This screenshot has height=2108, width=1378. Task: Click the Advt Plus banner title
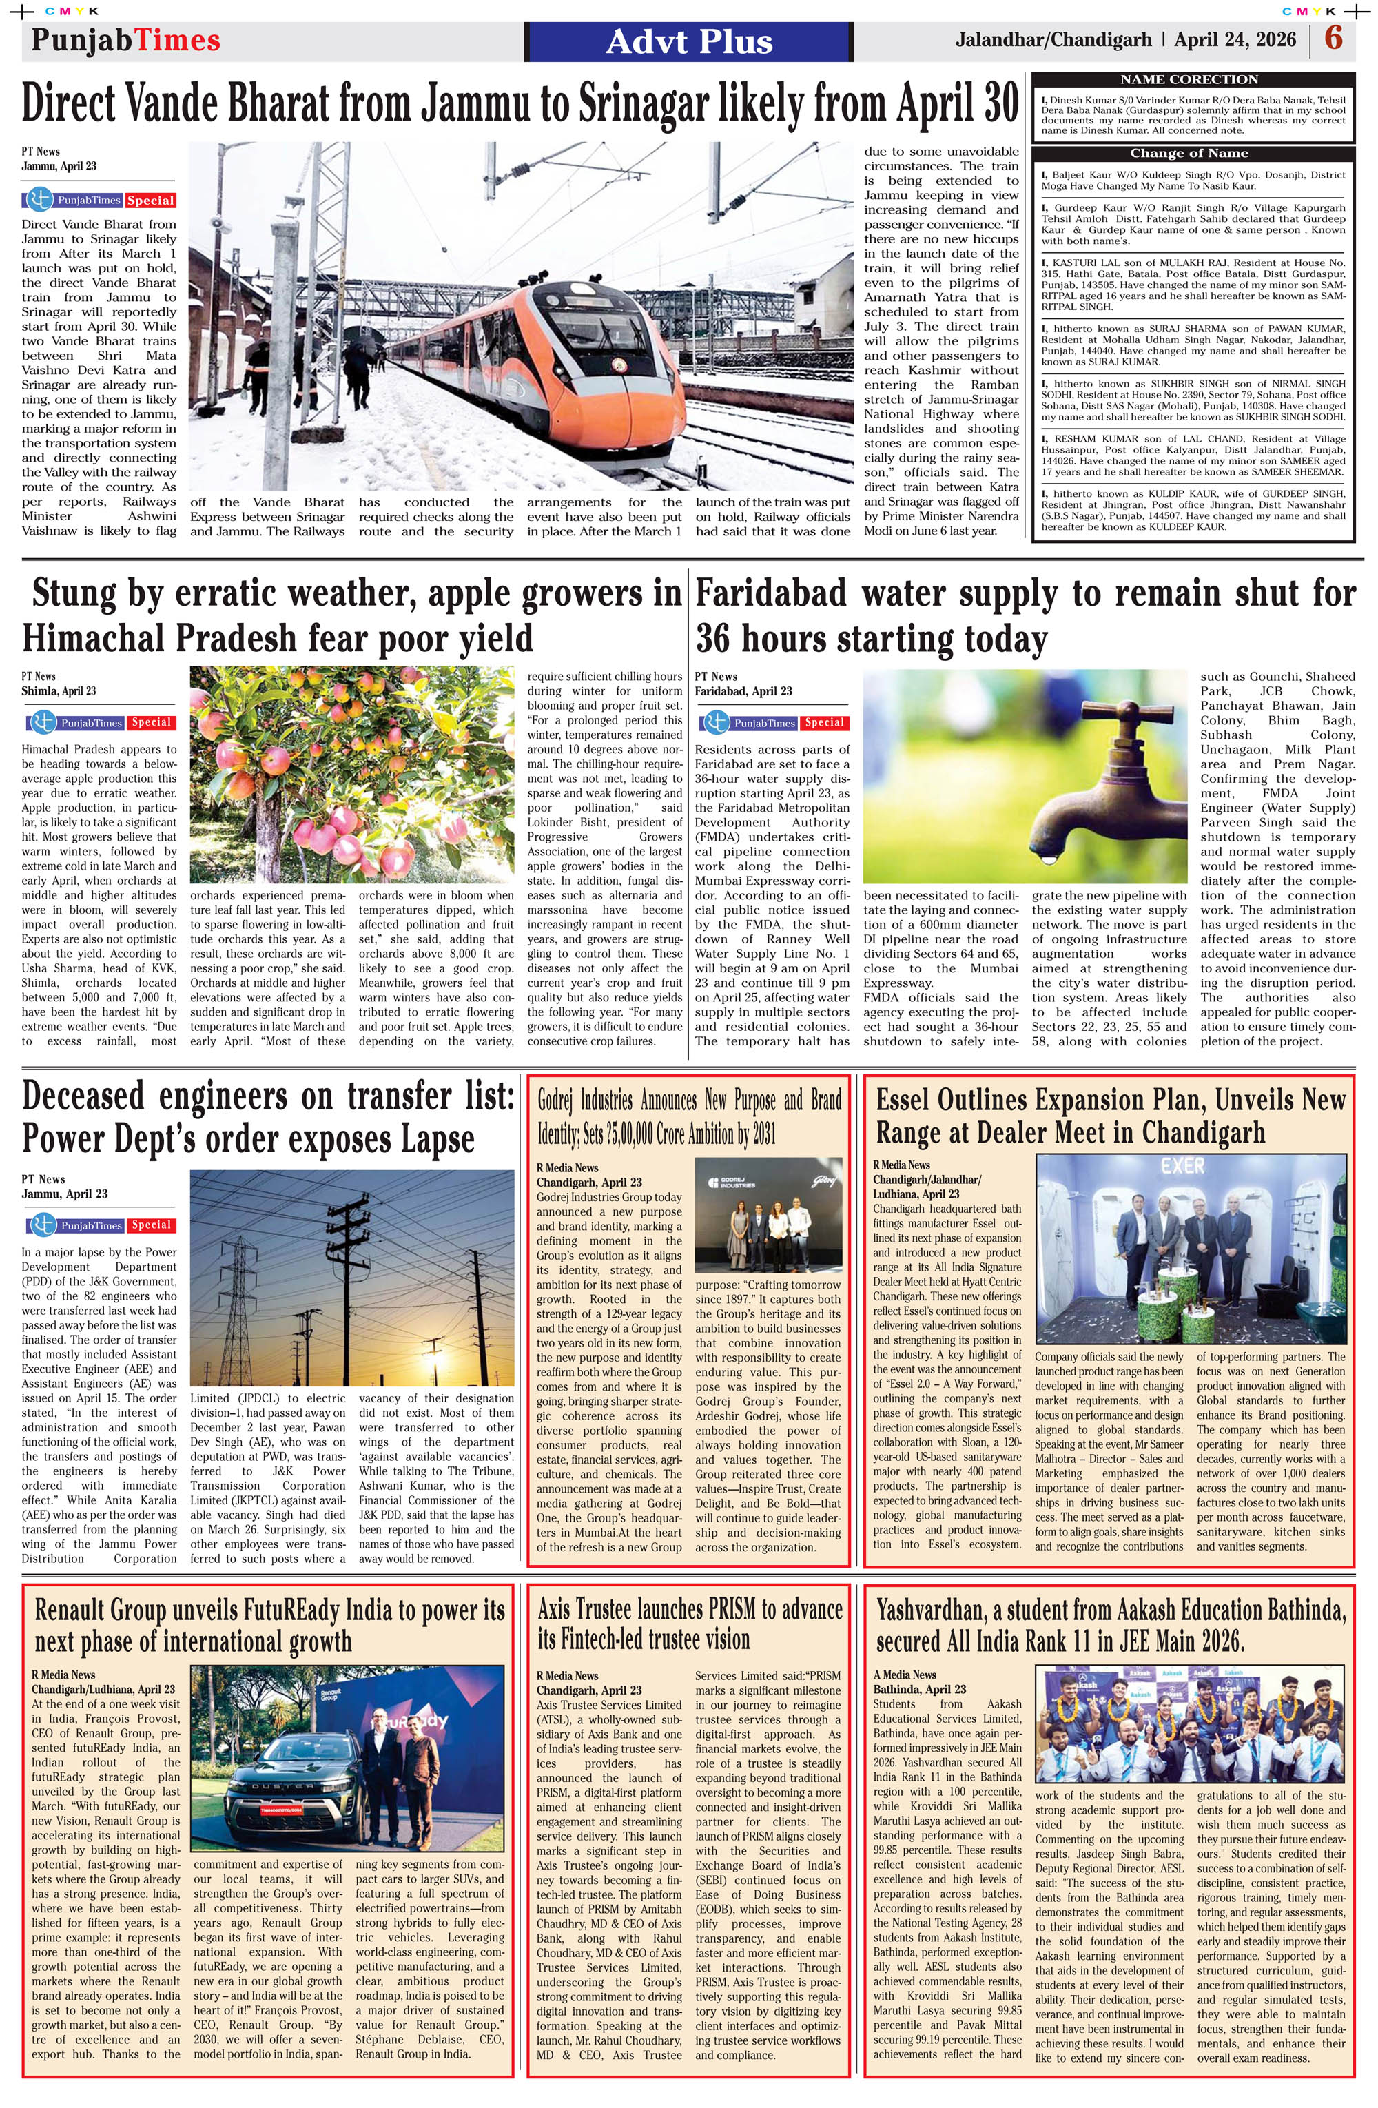click(x=689, y=41)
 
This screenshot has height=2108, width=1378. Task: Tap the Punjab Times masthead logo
click(x=125, y=40)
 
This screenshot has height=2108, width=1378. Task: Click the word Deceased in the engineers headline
click(x=83, y=1096)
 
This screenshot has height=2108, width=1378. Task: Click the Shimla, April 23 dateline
click(x=59, y=691)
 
